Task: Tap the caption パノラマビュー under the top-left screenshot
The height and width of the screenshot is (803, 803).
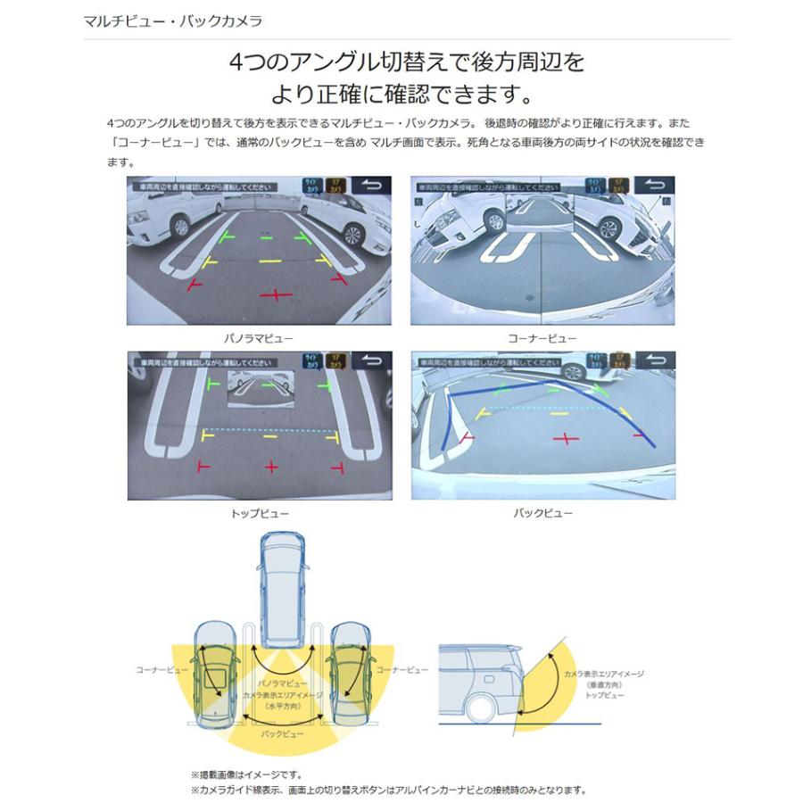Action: click(x=259, y=339)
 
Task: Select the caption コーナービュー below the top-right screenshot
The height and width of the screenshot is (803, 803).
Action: click(x=542, y=339)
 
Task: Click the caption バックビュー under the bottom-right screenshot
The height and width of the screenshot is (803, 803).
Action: click(x=542, y=514)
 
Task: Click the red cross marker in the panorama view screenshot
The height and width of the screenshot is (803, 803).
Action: click(x=276, y=294)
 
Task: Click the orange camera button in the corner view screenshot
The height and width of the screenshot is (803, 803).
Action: click(x=618, y=186)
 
